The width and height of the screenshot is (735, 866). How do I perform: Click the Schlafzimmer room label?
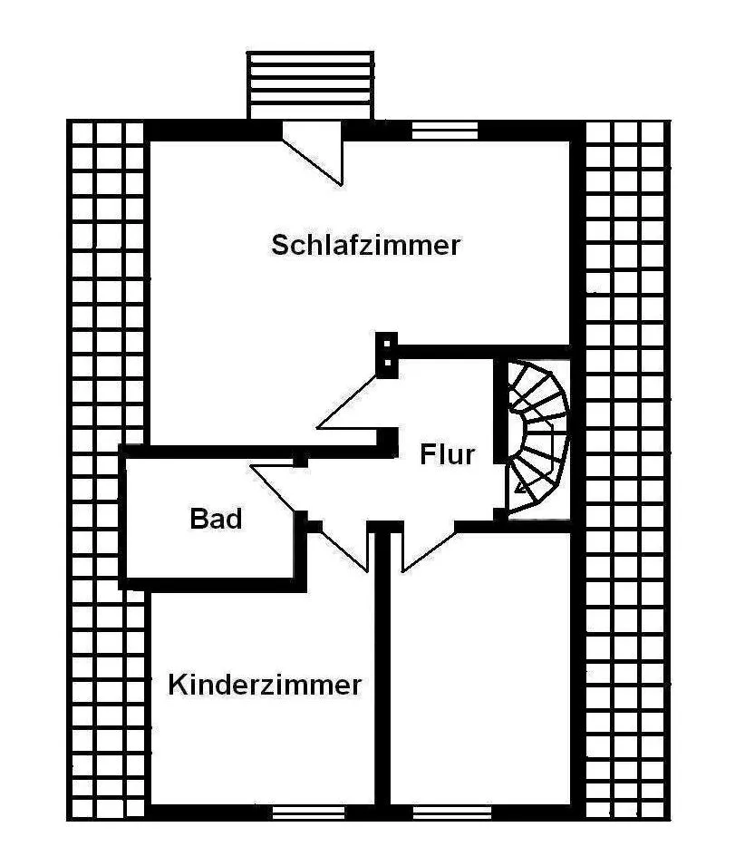pos(366,245)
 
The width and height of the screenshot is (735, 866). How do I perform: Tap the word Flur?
pos(447,453)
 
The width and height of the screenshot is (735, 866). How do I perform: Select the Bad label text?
pos(216,520)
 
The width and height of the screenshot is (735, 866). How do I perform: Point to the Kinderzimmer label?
pos(265,685)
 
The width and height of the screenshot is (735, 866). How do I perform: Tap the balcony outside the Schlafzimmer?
pos(310,84)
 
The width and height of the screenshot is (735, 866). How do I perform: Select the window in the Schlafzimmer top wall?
pos(444,131)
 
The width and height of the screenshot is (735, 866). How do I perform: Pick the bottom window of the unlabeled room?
pos(451,812)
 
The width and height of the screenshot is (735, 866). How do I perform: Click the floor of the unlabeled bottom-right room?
pos(480,671)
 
